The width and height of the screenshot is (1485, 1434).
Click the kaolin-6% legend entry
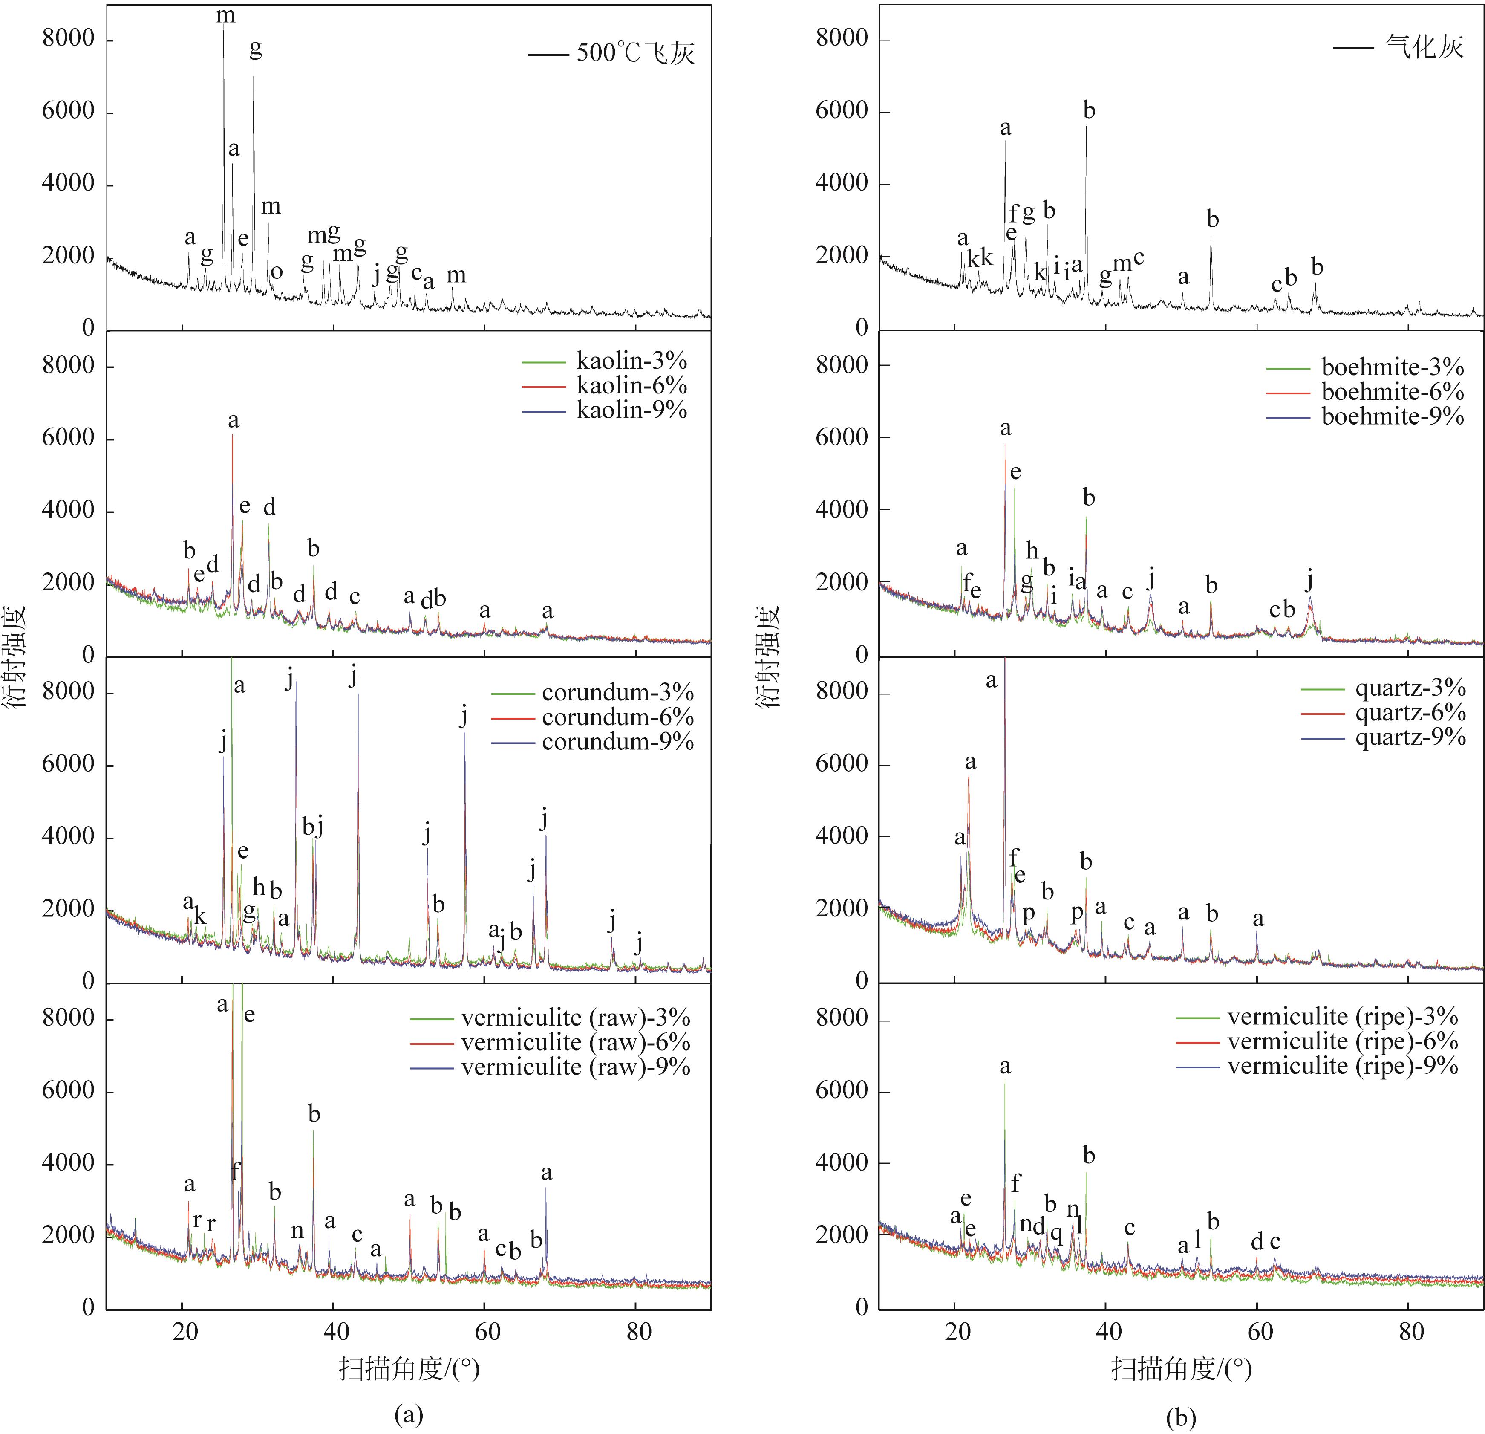click(631, 386)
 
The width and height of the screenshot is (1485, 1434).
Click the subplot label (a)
click(409, 1414)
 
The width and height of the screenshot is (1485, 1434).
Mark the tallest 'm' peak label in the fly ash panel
click(225, 15)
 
